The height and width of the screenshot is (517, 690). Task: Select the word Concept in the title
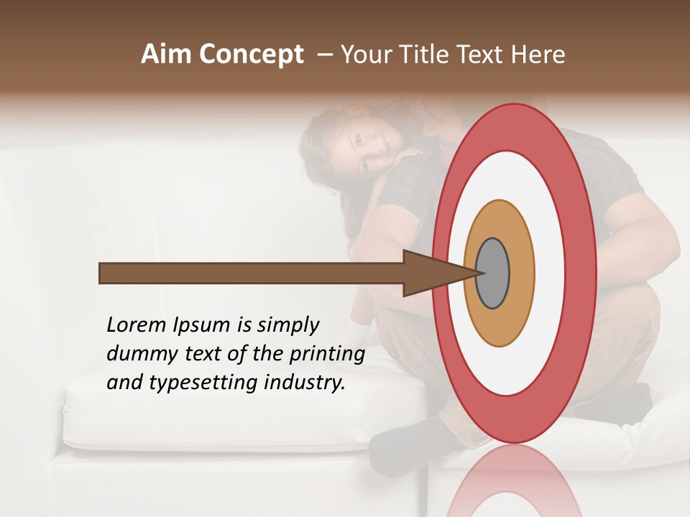pos(252,55)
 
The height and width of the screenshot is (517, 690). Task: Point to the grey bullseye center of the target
pos(492,274)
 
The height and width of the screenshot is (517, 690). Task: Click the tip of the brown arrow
pos(476,273)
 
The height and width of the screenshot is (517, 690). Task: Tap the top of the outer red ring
pos(513,108)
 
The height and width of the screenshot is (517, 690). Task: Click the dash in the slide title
pos(324,55)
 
